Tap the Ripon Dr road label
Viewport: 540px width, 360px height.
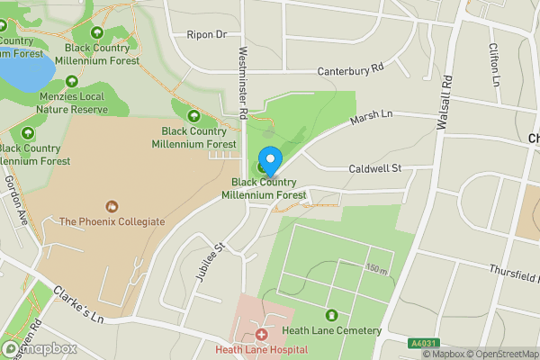pos(206,34)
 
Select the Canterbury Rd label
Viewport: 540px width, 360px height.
pos(350,68)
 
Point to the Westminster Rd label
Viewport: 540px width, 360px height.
pos(242,84)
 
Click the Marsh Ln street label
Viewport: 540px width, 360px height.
pos(372,118)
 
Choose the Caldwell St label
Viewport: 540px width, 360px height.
pos(375,167)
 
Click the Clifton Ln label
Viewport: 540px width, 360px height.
pos(494,63)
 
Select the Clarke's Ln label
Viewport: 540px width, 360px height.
pos(78,305)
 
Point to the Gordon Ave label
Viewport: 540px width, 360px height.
pos(17,199)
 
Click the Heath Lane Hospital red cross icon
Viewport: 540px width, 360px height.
pos(261,334)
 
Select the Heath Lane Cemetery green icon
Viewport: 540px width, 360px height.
pos(332,316)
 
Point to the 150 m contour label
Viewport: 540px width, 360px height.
pos(376,268)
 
